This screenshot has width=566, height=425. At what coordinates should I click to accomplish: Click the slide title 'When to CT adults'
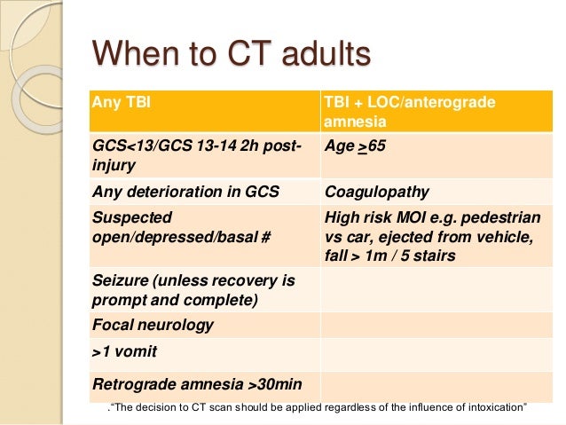click(x=231, y=55)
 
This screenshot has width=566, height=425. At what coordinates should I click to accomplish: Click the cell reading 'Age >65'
click(x=356, y=146)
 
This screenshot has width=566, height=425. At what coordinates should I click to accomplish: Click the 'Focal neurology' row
click(x=153, y=325)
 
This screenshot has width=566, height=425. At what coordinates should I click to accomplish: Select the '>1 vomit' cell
click(x=125, y=352)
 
